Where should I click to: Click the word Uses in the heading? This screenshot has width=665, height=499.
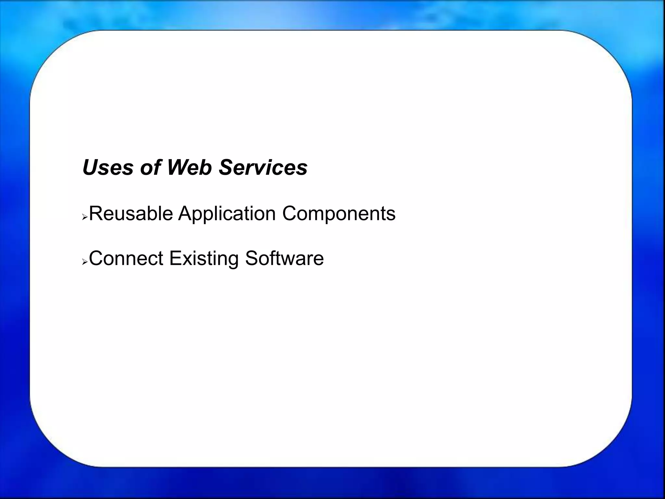(x=108, y=168)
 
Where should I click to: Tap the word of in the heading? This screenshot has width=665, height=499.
(x=150, y=168)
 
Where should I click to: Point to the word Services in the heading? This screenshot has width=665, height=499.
(x=263, y=168)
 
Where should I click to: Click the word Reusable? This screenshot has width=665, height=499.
(x=131, y=214)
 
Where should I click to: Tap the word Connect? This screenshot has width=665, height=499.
(x=126, y=259)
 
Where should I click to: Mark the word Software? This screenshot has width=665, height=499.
(x=284, y=259)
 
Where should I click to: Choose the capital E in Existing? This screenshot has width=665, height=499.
(x=175, y=259)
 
